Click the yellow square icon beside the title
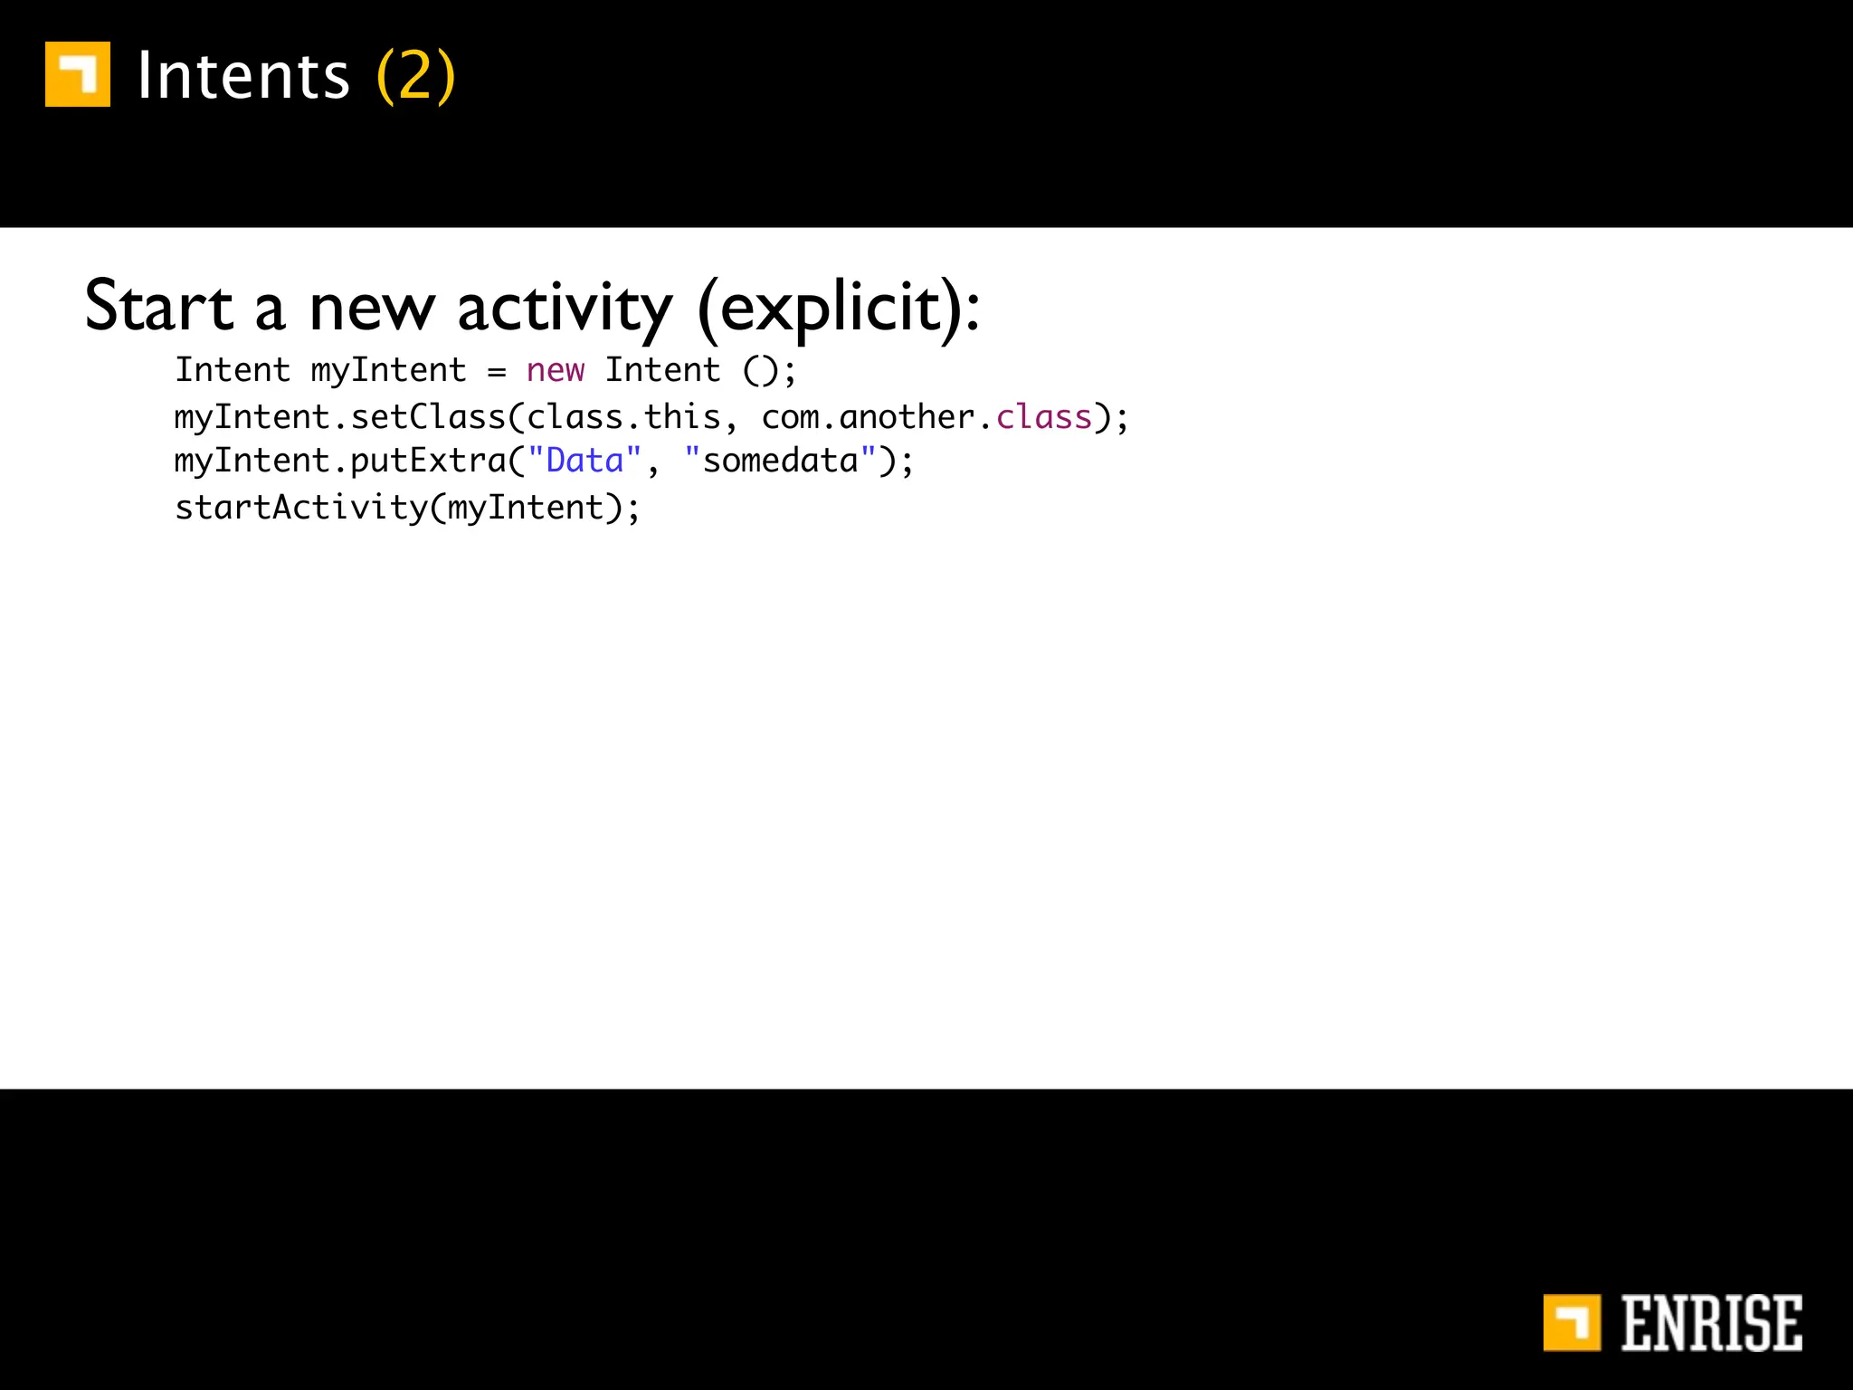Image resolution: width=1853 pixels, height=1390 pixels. [78, 74]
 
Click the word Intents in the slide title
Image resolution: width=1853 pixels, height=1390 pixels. [243, 76]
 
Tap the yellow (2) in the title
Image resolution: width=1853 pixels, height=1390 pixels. [415, 76]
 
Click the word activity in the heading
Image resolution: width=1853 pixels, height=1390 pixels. [565, 308]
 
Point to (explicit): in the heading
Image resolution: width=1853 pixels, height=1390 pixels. [839, 308]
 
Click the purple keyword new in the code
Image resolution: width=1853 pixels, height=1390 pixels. [556, 370]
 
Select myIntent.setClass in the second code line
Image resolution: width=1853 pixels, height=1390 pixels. [340, 417]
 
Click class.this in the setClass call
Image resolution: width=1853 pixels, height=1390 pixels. [624, 417]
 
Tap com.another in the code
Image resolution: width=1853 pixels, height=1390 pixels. [868, 417]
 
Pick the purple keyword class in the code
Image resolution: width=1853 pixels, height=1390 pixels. [1044, 417]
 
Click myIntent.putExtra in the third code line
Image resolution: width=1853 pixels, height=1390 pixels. [340, 461]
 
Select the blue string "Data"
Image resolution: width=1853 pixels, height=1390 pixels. [584, 461]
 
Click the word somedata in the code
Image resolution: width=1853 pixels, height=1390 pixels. [780, 461]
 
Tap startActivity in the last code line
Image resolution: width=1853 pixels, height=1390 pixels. [301, 508]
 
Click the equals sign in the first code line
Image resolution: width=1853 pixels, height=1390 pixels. [497, 371]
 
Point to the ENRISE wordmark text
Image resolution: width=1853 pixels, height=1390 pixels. [1711, 1324]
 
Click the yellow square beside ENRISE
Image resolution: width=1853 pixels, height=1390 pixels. [1572, 1323]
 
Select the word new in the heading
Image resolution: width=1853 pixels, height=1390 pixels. [372, 308]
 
